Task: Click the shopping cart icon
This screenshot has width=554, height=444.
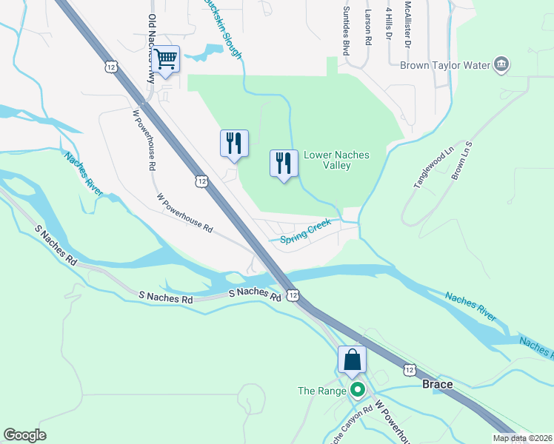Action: coord(167,58)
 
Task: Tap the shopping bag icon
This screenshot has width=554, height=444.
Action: coord(352,360)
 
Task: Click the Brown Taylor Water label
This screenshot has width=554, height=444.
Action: coord(445,65)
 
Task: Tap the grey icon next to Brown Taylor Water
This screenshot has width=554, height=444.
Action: coord(501,65)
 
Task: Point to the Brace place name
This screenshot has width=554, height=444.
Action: coord(436,385)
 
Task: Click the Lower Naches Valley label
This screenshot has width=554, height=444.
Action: coord(336,160)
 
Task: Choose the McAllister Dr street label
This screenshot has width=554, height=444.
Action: coord(407,24)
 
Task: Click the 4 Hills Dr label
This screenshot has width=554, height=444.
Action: coord(388,24)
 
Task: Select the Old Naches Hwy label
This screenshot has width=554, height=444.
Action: coord(153,44)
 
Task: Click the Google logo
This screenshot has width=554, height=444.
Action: coord(24,435)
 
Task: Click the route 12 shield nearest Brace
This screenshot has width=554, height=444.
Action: coord(409,368)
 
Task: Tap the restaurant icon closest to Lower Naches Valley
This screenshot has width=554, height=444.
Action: coord(284,163)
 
